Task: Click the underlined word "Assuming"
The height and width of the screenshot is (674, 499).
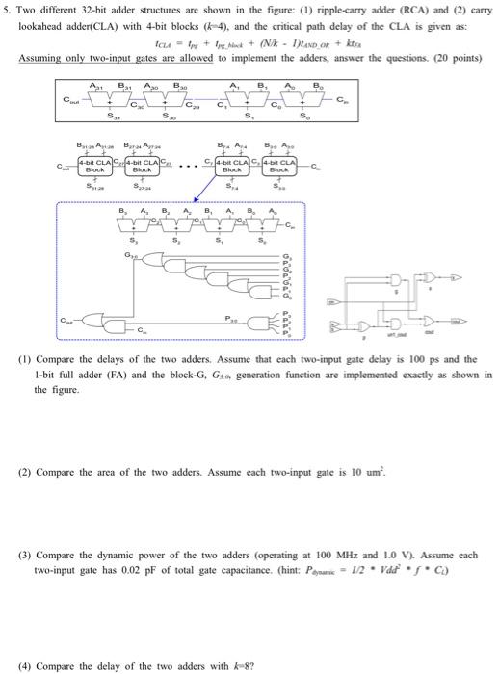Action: coord(38,57)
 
